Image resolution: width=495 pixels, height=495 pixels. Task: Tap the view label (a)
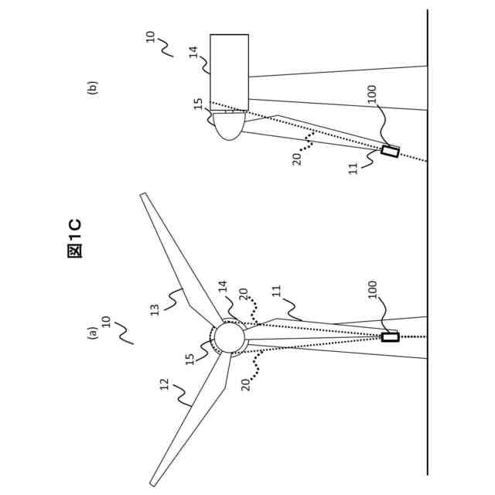coord(93,333)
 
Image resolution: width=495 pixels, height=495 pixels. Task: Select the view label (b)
coord(93,87)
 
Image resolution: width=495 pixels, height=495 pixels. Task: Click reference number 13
coord(155,309)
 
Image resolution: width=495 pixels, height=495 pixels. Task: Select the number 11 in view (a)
coord(276,292)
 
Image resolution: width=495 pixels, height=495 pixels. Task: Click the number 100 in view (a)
coord(372,289)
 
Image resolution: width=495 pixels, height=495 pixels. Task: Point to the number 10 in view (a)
coord(107,321)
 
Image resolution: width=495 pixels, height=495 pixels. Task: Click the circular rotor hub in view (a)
coord(229,338)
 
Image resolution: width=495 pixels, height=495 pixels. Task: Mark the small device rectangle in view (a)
coord(391,337)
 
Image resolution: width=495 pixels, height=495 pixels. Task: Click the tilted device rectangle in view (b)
coord(391,152)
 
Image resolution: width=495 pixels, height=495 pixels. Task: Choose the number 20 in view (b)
coord(297,160)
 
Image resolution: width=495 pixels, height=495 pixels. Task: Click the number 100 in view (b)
coord(372,94)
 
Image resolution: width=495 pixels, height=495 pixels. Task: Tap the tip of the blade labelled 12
coord(153,483)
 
